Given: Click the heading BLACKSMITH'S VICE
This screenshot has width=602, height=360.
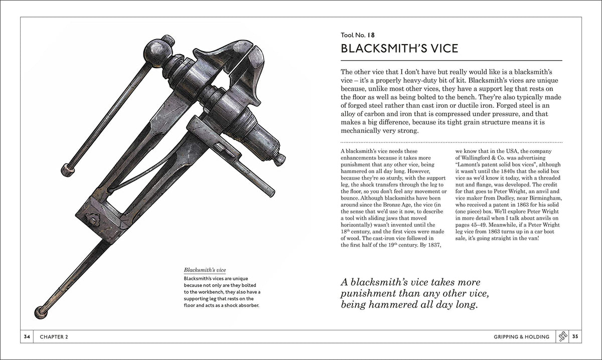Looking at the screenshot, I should pos(399,49).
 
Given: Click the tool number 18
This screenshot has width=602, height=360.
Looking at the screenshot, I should pos(370,35).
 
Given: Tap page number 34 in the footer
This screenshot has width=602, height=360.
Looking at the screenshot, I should pos(27,337).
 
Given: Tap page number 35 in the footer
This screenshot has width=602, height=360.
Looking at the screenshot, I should pos(575,337).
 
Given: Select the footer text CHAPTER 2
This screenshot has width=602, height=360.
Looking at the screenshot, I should pos(52,337).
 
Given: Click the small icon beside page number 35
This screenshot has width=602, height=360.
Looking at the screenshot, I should pos(562,337).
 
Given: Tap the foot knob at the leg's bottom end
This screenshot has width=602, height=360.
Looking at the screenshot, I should pos(41,312).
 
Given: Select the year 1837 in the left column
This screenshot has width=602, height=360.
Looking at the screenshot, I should pos(427,245).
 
